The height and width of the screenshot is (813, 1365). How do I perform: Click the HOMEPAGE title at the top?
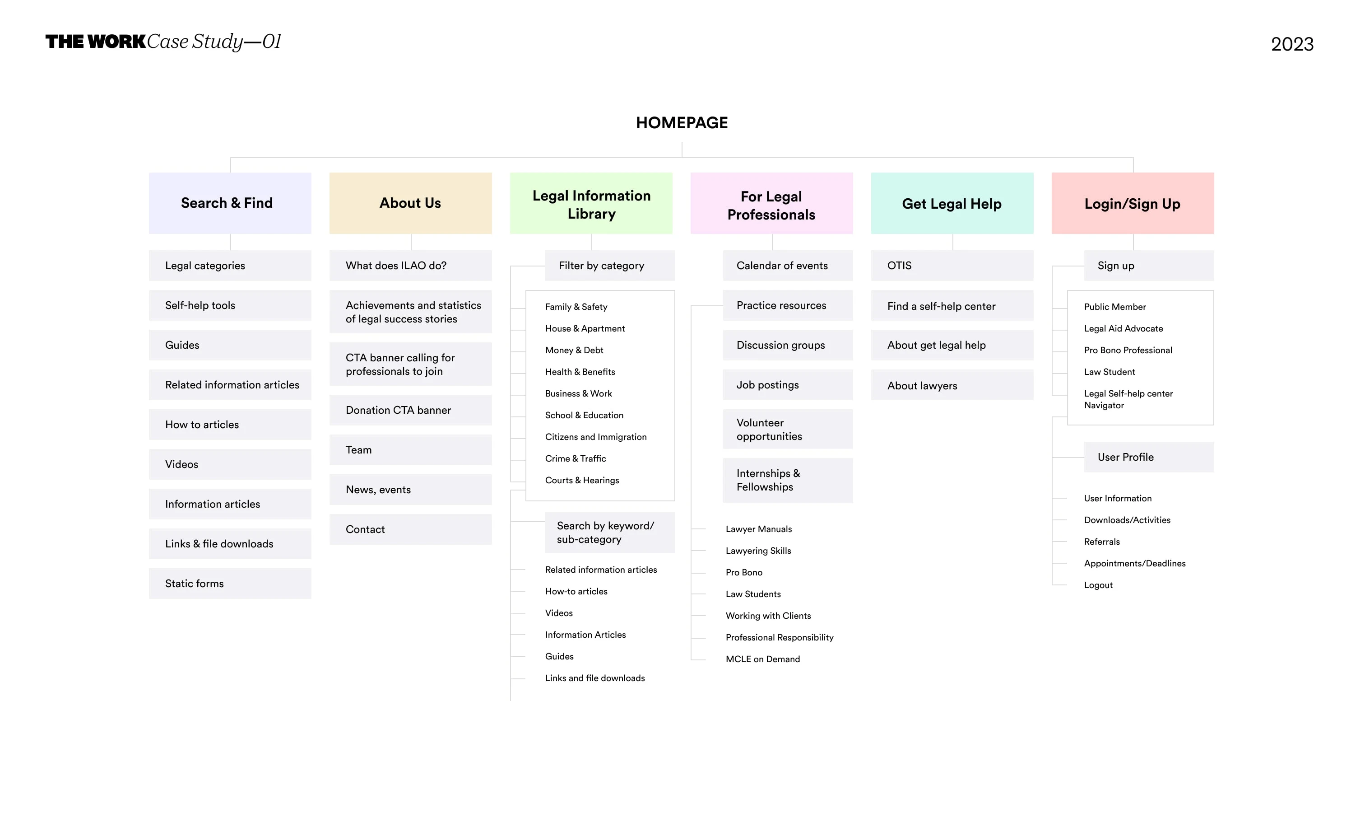[682, 123]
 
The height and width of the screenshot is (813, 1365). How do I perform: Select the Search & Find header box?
[230, 203]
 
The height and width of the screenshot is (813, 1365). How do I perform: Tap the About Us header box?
[411, 203]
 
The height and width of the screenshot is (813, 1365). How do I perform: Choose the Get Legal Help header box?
[952, 203]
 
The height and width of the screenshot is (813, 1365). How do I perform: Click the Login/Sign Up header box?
[1133, 203]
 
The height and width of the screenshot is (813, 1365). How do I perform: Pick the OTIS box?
[952, 266]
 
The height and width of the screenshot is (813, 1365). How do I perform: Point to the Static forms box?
[230, 584]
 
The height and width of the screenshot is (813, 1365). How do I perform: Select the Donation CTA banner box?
[411, 410]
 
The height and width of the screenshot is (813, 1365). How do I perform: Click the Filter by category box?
[610, 266]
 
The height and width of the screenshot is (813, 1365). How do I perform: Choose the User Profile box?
[1149, 457]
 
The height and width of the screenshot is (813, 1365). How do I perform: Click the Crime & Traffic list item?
[576, 458]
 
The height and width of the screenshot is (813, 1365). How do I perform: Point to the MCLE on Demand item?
[763, 659]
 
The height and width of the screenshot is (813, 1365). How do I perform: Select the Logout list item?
[1098, 585]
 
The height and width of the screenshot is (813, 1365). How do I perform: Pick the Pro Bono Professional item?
[1128, 350]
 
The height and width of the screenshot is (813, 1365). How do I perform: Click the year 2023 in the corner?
[1292, 44]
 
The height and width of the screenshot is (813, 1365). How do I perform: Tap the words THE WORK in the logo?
[95, 42]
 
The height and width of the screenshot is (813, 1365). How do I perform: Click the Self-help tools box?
[230, 305]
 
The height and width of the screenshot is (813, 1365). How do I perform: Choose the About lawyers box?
[952, 385]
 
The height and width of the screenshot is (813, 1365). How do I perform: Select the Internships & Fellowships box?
[788, 481]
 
